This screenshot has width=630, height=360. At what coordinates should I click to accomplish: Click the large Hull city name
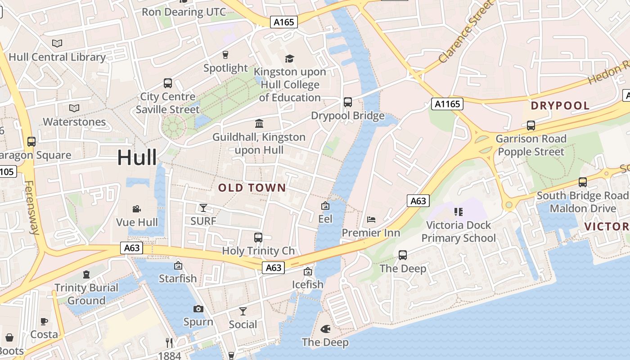click(x=137, y=157)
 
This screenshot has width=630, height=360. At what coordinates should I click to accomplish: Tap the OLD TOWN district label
click(x=252, y=188)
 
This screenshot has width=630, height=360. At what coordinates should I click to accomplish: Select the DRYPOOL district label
click(x=560, y=106)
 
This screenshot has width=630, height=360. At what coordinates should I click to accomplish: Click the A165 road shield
click(x=284, y=22)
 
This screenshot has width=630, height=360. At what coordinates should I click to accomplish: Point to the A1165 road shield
click(x=447, y=104)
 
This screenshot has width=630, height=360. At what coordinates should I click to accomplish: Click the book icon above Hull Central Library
click(x=57, y=44)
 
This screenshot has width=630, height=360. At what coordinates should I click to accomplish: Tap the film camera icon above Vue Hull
click(x=137, y=209)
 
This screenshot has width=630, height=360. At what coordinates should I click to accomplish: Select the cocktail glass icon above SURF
click(x=203, y=207)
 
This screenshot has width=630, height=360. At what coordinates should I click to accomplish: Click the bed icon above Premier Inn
click(x=371, y=220)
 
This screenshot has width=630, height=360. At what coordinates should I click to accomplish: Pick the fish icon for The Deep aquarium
click(x=325, y=329)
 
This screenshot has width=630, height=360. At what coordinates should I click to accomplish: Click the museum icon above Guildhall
click(x=259, y=123)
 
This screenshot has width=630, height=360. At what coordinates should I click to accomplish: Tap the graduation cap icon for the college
click(x=289, y=58)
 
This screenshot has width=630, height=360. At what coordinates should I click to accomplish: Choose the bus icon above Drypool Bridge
click(x=348, y=102)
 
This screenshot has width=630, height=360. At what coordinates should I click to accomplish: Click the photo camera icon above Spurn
click(x=198, y=309)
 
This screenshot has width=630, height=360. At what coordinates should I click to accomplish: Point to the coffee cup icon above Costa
click(x=44, y=321)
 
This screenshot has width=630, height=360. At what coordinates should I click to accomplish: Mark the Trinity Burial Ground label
click(x=86, y=294)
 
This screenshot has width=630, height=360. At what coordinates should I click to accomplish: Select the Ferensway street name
click(x=32, y=207)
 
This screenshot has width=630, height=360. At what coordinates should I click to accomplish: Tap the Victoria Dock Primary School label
click(x=459, y=231)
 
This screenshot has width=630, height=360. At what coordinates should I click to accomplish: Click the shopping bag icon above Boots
click(x=9, y=337)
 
